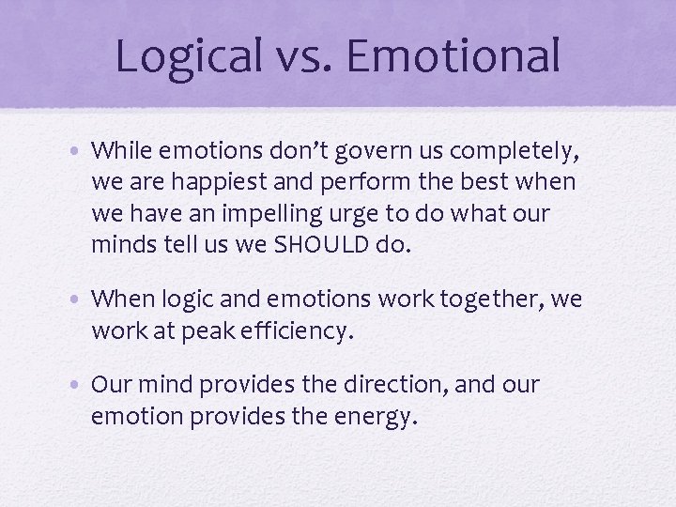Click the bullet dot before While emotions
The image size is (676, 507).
point(82,149)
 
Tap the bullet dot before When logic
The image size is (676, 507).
point(82,300)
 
